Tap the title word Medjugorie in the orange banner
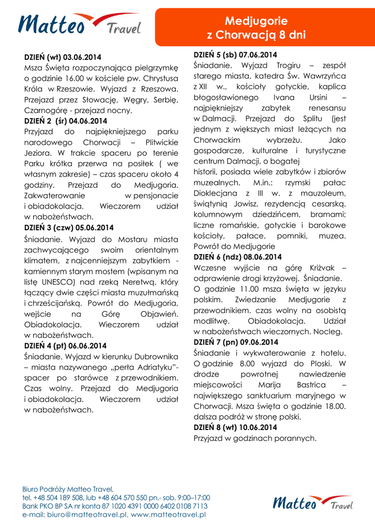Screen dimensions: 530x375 (x=256, y=22)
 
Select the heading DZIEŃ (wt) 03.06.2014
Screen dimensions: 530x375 (x=63, y=56)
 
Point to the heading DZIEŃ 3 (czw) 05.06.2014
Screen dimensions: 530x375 (x=69, y=227)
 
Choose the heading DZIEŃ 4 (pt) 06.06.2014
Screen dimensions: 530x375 (x=66, y=345)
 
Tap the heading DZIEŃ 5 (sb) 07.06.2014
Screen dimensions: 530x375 (x=235, y=54)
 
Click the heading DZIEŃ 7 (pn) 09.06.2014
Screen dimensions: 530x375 (x=236, y=342)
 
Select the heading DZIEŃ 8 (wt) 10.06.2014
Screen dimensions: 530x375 (x=235, y=427)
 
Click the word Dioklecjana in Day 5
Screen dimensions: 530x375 (x=215, y=193)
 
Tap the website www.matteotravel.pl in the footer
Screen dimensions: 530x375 (x=169, y=515)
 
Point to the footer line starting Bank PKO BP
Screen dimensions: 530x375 (x=115, y=506)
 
